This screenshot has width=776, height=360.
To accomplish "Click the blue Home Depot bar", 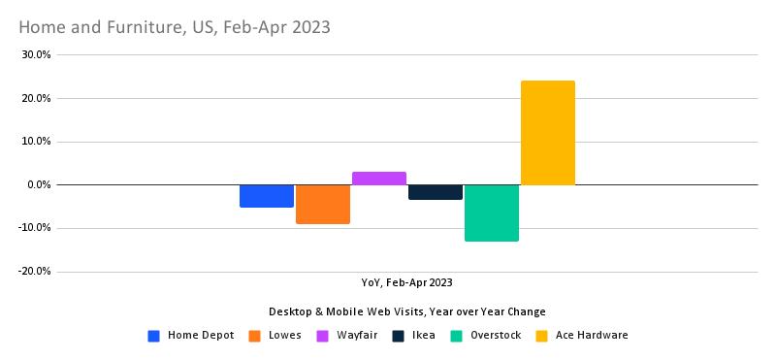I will (x=267, y=196).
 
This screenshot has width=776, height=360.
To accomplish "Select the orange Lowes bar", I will (x=323, y=204).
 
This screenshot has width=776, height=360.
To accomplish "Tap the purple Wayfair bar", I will (x=379, y=179).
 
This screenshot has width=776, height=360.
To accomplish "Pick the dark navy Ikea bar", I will (x=436, y=192).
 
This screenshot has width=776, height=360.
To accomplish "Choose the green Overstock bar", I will (x=492, y=213).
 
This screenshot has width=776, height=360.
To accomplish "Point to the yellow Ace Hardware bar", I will (x=548, y=133).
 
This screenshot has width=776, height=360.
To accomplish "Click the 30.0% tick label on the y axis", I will (x=35, y=55).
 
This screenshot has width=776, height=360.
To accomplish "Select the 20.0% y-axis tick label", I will (x=35, y=98).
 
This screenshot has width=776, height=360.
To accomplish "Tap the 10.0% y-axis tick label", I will (x=35, y=142).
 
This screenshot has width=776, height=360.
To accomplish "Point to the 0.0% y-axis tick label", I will (x=38, y=184).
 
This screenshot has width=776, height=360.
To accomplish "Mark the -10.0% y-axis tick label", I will (x=33, y=228).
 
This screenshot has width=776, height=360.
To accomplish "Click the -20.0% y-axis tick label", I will (x=33, y=271).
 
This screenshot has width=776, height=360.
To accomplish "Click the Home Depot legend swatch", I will (x=154, y=336).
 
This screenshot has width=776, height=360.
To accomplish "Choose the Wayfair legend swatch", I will (x=324, y=336).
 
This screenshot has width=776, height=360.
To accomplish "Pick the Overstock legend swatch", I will (x=457, y=336).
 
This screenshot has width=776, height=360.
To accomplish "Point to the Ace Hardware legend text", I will (x=592, y=336).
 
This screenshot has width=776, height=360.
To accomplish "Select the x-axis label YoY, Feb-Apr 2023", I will (x=406, y=282).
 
